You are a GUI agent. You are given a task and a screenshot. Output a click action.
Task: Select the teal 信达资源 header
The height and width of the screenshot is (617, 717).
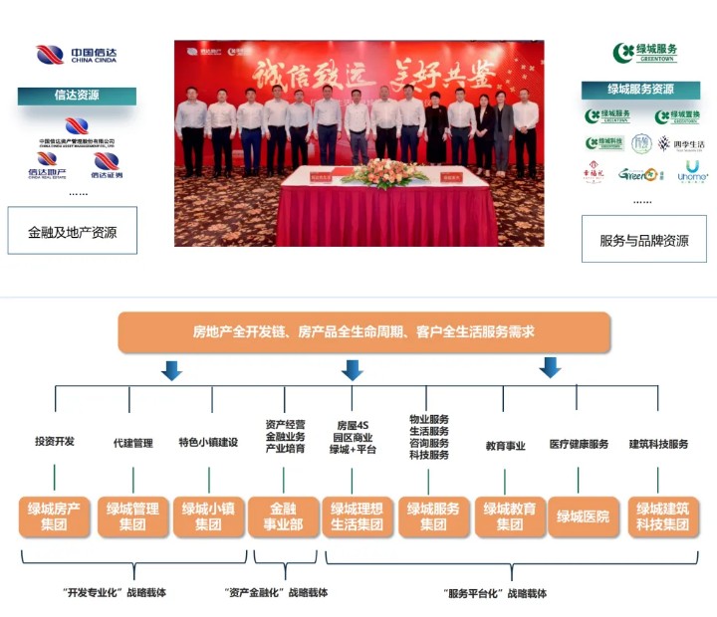[x=77, y=97]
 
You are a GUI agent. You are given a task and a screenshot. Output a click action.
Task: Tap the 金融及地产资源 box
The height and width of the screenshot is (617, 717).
[x=72, y=232]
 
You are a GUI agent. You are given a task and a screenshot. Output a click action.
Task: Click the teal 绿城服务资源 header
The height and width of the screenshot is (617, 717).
[x=641, y=90]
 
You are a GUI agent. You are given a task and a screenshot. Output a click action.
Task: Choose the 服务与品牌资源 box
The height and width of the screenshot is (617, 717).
[x=643, y=240]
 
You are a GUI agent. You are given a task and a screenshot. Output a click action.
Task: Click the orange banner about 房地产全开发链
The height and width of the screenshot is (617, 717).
[x=363, y=332]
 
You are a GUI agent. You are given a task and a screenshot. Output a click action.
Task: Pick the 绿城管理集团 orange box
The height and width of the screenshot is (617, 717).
[x=132, y=515]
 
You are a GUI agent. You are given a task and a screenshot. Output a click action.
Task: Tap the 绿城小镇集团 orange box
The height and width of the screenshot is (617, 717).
[x=208, y=515]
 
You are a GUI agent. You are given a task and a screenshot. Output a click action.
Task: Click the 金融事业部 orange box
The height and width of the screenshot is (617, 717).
[x=283, y=515]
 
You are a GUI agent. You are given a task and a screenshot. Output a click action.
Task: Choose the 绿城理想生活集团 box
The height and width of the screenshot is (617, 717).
[x=358, y=515]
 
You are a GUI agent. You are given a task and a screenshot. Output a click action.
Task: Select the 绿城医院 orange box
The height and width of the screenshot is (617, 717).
[x=583, y=516]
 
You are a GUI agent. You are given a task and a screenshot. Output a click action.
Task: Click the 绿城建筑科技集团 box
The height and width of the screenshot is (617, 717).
[x=662, y=515]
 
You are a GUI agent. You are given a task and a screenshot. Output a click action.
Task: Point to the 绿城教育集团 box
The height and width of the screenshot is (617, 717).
[x=509, y=515]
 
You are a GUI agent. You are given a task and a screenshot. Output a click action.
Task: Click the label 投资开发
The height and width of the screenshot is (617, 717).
[x=55, y=442]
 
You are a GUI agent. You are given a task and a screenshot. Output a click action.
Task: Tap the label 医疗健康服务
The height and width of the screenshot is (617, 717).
[x=579, y=444]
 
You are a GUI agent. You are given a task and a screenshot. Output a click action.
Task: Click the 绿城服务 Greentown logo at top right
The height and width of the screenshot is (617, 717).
[x=645, y=53]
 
